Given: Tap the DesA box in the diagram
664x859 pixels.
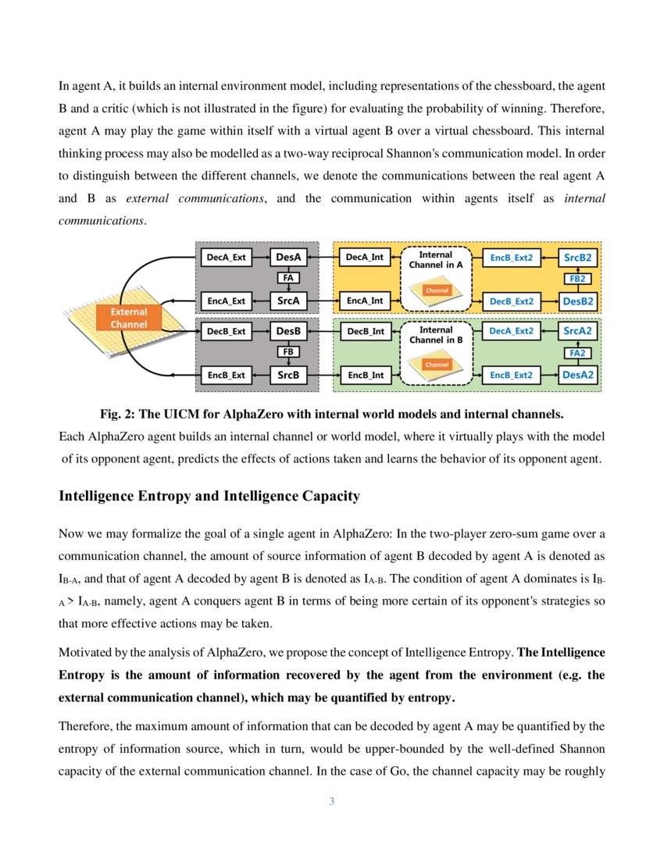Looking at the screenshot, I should (288, 256).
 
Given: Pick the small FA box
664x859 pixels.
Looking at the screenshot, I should (288, 277).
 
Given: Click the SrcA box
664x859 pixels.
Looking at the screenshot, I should (288, 300).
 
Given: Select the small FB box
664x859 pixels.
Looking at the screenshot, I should (288, 352).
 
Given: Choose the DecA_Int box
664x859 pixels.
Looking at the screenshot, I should (364, 256).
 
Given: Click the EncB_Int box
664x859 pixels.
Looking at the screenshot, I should (364, 375).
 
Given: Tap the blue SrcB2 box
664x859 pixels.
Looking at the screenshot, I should (579, 256).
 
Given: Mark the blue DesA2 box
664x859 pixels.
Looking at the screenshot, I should (579, 375).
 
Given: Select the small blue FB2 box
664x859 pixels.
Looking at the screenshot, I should (579, 278).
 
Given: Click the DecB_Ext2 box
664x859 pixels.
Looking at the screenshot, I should (512, 300).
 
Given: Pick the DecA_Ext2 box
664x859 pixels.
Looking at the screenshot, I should (512, 331).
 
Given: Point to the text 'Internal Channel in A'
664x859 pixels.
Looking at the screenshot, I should (436, 260).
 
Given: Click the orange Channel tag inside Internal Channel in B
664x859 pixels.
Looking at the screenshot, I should (436, 365).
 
